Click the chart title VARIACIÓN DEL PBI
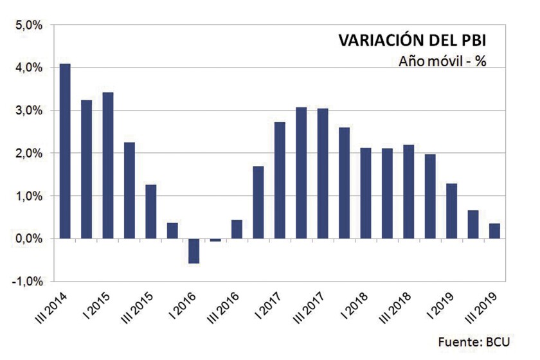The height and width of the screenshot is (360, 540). [412, 40]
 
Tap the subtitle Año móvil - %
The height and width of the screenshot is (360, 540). [442, 62]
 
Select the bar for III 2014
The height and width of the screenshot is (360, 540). [65, 151]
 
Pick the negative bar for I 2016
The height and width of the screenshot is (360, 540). [194, 251]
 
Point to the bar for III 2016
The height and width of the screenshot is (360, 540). [237, 229]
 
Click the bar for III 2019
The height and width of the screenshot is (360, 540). [494, 231]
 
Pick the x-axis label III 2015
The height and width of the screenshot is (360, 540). [135, 307]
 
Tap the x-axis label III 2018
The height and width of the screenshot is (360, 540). [393, 307]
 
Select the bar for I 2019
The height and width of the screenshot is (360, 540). [451, 211]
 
